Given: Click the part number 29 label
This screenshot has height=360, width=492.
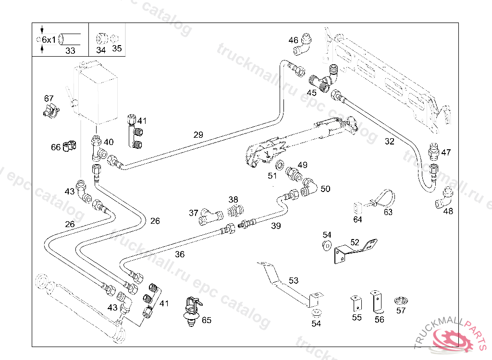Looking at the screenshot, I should coord(198,135).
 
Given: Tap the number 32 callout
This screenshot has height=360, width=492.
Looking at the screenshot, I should coord(390,142).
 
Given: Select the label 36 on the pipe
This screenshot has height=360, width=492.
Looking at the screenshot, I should coord(180,254).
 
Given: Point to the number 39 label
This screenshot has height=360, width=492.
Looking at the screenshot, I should coord(276,226).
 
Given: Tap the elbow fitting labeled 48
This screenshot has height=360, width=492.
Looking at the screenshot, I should coord(444,198).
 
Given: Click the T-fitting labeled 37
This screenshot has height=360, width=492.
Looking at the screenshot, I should coord(207,216).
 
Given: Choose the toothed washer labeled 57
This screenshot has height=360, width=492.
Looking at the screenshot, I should coord(401,301).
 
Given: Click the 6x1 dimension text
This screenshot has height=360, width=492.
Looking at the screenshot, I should coord(49,39).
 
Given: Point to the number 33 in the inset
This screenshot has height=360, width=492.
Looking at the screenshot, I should coord(70,50).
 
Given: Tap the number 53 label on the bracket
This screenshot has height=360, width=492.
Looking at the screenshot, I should coord(294,280).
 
